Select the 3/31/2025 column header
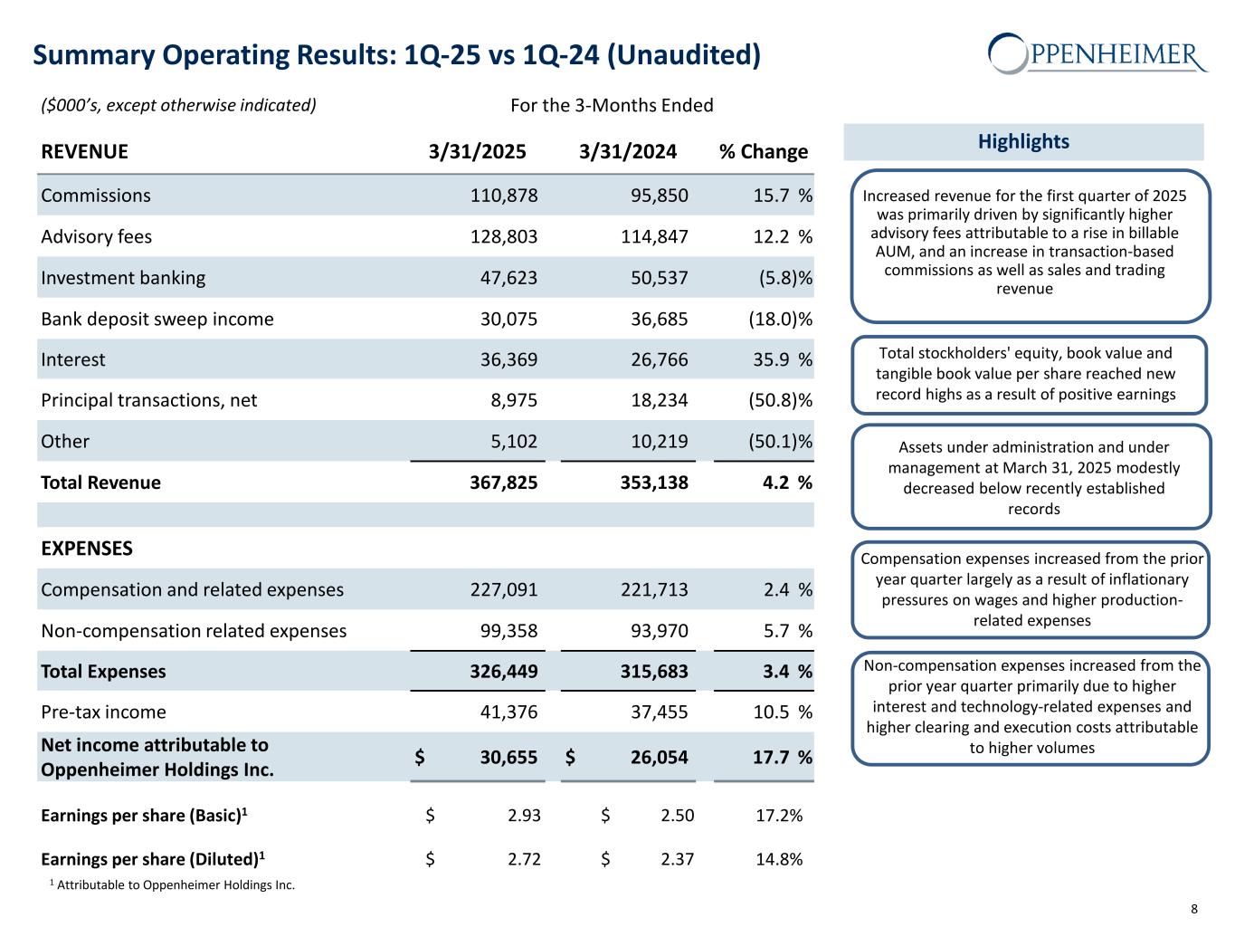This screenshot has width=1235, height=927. (477, 151)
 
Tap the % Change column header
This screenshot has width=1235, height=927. (763, 151)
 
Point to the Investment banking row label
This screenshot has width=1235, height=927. (123, 278)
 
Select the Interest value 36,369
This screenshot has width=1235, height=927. (508, 359)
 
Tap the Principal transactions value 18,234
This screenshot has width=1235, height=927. (659, 400)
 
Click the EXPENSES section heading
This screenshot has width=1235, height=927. (87, 549)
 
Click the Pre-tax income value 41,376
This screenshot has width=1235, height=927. (508, 712)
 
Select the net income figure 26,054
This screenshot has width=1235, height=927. (659, 757)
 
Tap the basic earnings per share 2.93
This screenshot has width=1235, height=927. (524, 816)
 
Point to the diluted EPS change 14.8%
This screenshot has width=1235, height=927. (778, 859)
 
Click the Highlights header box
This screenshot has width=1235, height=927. (1023, 141)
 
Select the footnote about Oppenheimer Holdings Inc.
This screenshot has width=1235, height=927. (172, 884)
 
